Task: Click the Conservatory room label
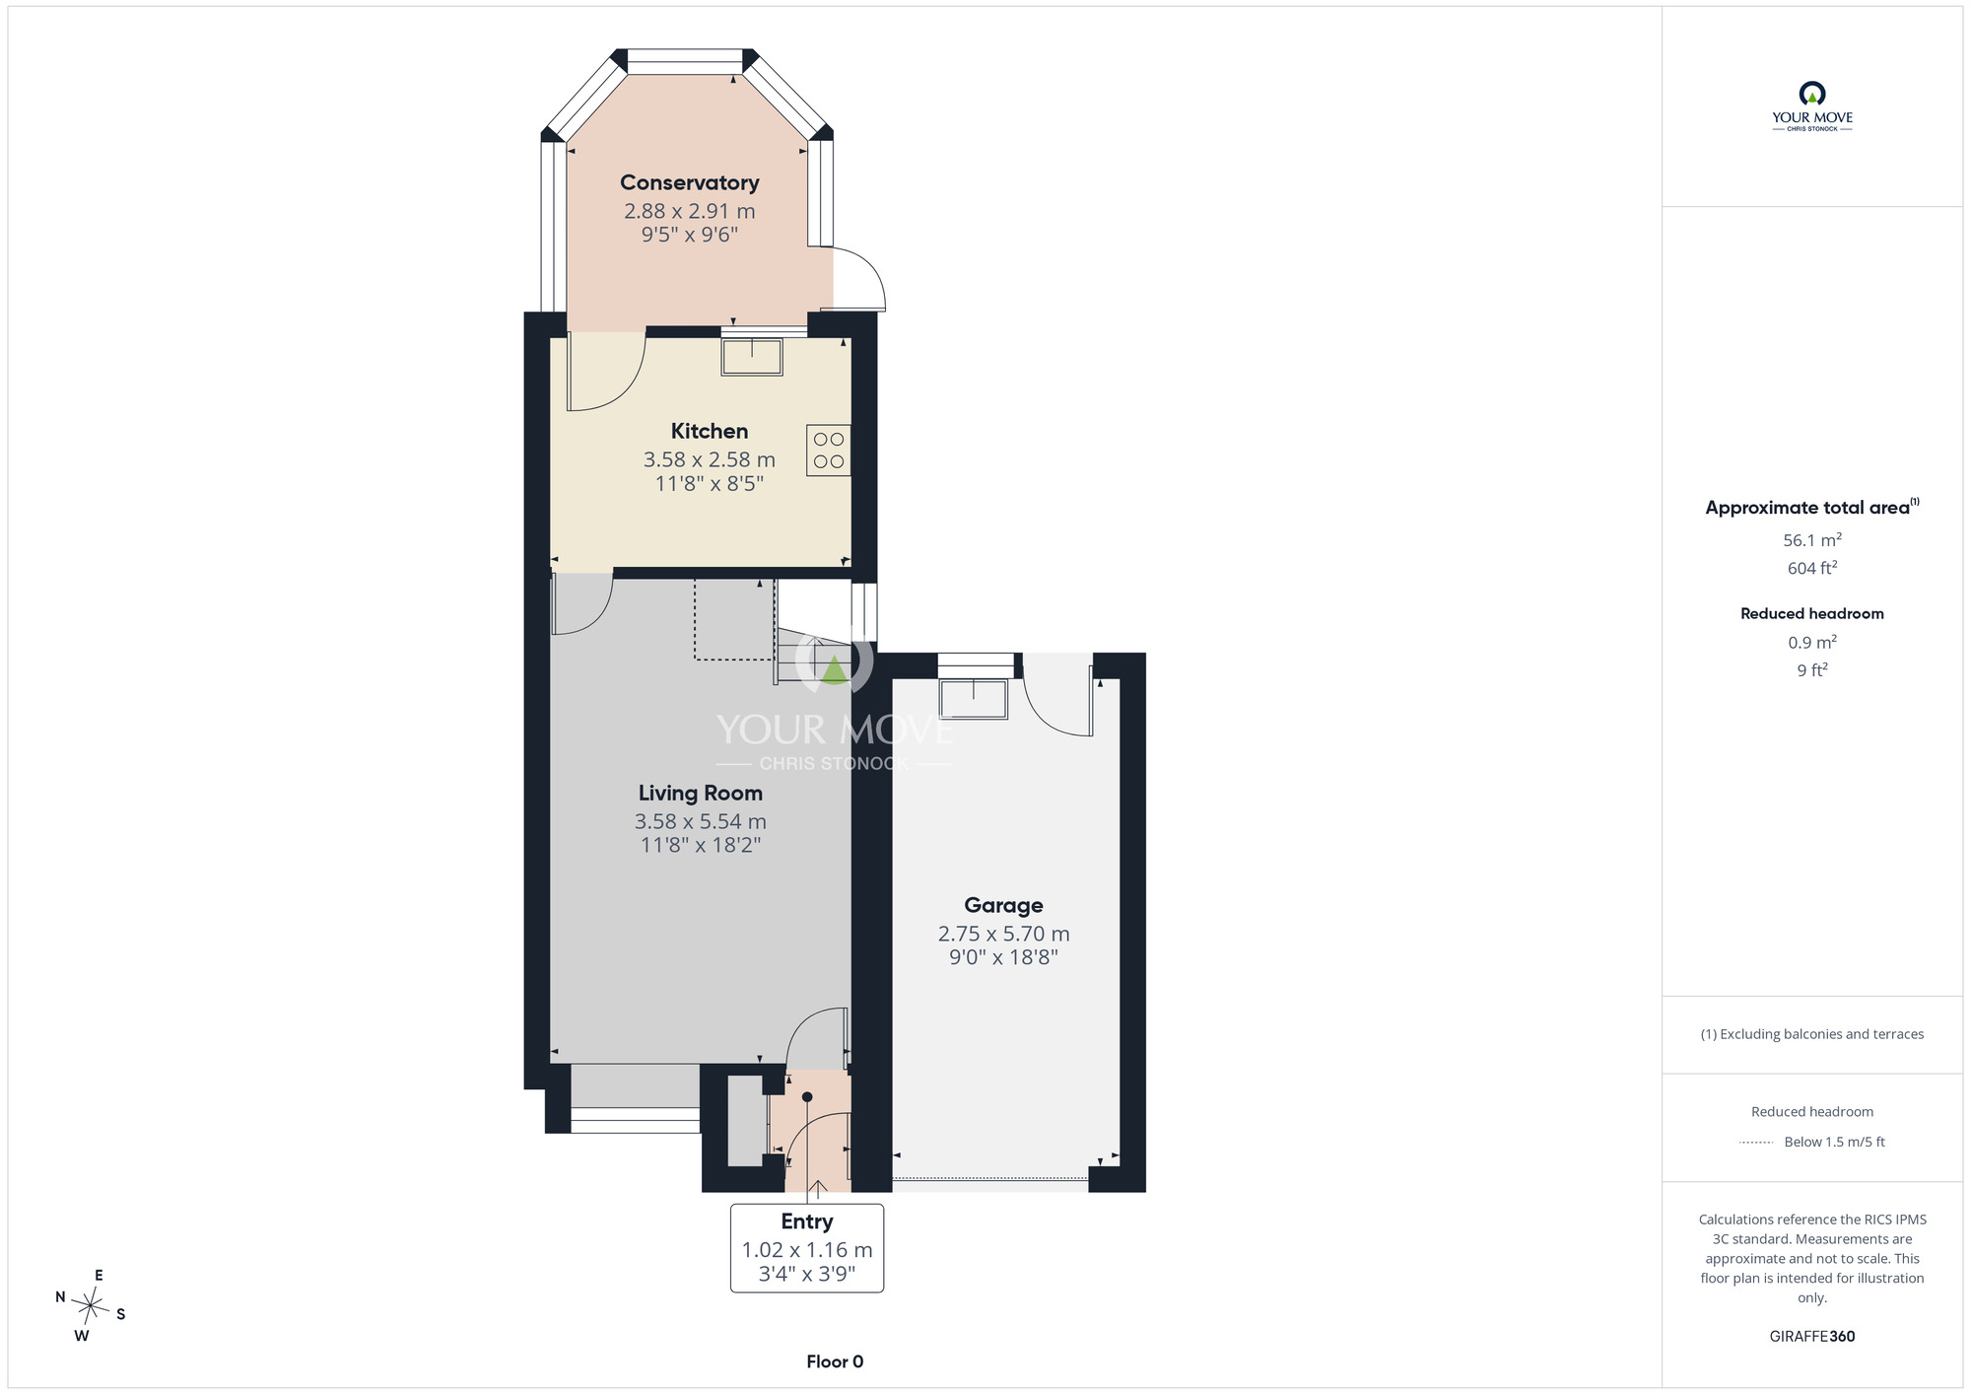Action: point(689,182)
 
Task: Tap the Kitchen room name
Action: point(710,431)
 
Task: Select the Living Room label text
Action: point(701,793)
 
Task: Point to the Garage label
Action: point(1003,905)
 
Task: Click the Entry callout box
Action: point(807,1247)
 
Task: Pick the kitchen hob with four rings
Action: point(829,451)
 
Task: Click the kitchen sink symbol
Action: point(752,357)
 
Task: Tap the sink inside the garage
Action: point(974,699)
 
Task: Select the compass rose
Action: point(91,1306)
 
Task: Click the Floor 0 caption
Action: point(835,1361)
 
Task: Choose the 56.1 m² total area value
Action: point(1812,539)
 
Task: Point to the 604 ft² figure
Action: point(1812,568)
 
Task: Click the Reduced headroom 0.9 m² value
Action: point(1812,642)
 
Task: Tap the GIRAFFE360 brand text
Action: point(1812,1337)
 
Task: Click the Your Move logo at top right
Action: point(1812,106)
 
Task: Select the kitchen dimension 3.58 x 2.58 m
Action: point(710,459)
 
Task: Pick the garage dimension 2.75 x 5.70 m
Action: point(1003,934)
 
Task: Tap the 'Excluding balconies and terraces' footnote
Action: point(1812,1034)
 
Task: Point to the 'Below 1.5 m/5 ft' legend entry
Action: point(1834,1142)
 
